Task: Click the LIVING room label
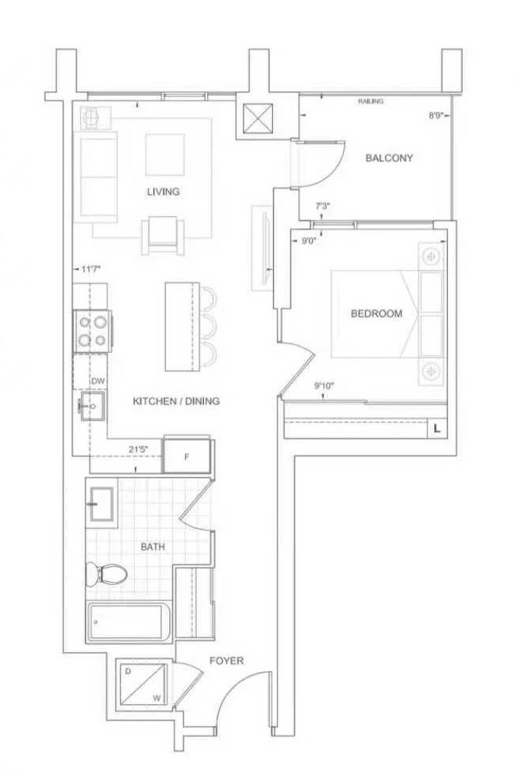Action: (x=163, y=192)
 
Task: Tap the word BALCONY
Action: (x=389, y=158)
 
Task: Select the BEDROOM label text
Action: (x=376, y=313)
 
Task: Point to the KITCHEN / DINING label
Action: (x=176, y=401)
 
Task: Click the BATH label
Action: (x=152, y=547)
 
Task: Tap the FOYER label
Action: (x=226, y=661)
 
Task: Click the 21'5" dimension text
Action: (x=138, y=449)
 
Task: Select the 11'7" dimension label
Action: (x=91, y=269)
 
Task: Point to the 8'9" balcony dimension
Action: (x=437, y=116)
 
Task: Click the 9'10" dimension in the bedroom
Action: (x=324, y=386)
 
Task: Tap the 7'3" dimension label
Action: (x=322, y=207)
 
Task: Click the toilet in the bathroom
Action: (x=106, y=574)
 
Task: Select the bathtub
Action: (x=129, y=622)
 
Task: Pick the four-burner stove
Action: (x=92, y=331)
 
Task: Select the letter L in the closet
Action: (x=437, y=428)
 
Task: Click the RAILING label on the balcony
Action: (x=371, y=101)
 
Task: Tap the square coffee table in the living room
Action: (x=165, y=154)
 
